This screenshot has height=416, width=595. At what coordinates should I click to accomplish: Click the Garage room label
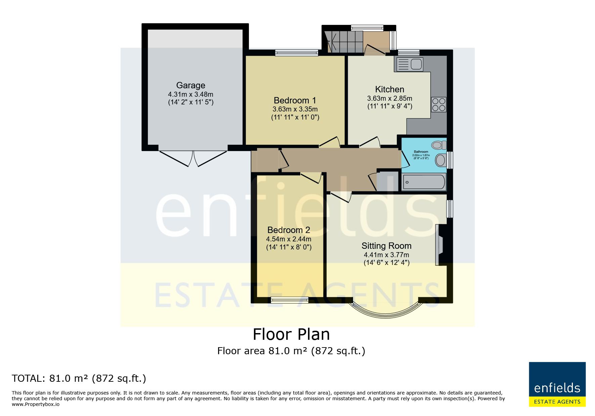coord(190,85)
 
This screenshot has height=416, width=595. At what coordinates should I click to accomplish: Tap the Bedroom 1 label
coord(295,100)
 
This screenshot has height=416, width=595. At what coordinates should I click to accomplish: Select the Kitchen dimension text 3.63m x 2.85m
coord(389,98)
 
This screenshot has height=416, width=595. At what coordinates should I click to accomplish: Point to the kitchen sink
coord(410,64)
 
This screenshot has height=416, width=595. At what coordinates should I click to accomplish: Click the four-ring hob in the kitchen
coord(439,104)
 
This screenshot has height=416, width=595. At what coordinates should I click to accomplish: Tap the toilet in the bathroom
coord(439,145)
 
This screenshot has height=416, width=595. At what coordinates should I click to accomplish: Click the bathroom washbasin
coord(440,160)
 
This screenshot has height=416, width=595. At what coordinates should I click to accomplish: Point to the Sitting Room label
coord(386,246)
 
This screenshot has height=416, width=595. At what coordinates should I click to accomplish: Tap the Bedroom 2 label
coord(289,230)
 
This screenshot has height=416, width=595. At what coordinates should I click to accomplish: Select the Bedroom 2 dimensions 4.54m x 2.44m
coord(289,239)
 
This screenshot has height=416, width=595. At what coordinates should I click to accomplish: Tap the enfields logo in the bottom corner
coord(557,384)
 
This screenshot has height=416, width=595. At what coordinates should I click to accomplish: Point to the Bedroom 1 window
coord(296,52)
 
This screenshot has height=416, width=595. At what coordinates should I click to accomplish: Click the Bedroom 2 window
coord(290,300)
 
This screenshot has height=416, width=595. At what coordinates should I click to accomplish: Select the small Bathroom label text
coord(421,152)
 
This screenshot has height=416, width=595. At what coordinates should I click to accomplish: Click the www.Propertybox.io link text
coord(36,404)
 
